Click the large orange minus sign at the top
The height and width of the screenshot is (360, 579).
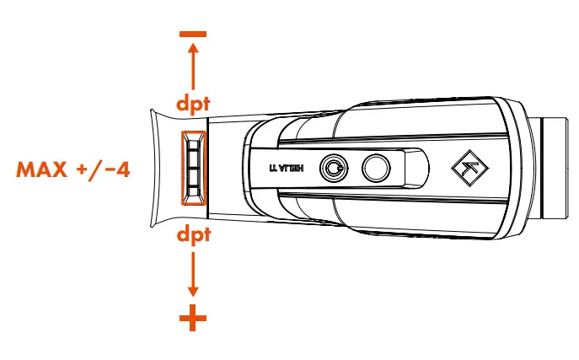pos(193,34)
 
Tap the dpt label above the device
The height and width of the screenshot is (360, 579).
pos(193,105)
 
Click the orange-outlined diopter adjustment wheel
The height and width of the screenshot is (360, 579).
pos(193,168)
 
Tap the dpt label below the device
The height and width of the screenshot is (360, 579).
pos(193,234)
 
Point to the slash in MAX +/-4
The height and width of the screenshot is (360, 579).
pos(99,168)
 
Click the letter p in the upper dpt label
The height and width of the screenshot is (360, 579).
pos(193,106)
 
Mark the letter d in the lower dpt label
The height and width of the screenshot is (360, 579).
pos(181,234)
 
